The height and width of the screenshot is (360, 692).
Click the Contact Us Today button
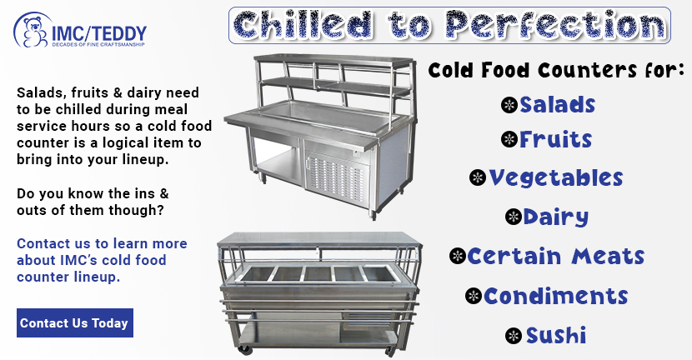tap(75, 323)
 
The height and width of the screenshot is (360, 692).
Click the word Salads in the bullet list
tap(558, 105)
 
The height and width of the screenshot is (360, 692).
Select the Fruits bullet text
tap(555, 140)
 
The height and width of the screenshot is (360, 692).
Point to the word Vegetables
tap(556, 178)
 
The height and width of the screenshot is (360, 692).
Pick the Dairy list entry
tap(555, 217)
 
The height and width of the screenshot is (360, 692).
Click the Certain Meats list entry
tap(556, 257)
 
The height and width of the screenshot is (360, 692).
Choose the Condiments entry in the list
tap(555, 296)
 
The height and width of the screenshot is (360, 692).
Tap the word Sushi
tap(555, 335)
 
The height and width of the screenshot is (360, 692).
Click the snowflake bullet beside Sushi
tap(514, 336)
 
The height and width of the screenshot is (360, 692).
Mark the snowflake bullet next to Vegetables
tap(478, 177)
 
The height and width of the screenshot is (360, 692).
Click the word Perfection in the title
tap(555, 24)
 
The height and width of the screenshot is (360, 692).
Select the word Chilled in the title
tap(303, 25)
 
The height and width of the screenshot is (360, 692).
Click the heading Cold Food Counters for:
tap(556, 70)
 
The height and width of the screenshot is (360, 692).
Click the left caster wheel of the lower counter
tap(243, 349)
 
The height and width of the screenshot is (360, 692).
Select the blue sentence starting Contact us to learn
tap(102, 260)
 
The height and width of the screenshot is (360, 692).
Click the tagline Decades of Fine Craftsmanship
tap(98, 44)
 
